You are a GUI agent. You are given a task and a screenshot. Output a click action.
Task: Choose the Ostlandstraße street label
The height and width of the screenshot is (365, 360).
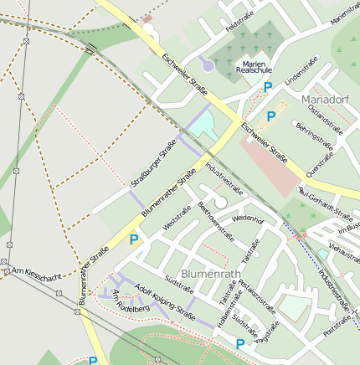coord(325,119)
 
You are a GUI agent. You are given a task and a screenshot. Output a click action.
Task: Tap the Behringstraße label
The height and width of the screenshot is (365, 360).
coord(314,137)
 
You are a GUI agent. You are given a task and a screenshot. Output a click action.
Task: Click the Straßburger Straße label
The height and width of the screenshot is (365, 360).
coord(153,164)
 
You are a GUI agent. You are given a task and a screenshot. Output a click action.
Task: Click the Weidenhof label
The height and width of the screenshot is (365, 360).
coord(247,219)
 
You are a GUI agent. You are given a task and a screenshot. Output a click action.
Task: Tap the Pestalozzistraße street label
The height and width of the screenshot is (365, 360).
coord(257,297)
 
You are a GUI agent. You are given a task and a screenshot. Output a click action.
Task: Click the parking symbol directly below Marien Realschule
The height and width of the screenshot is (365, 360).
coord(268,86)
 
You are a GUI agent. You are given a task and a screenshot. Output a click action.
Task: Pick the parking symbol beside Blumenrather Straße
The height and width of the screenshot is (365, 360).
coord(133,240)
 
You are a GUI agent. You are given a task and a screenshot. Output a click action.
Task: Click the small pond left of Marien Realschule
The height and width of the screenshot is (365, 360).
coord(207,64)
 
